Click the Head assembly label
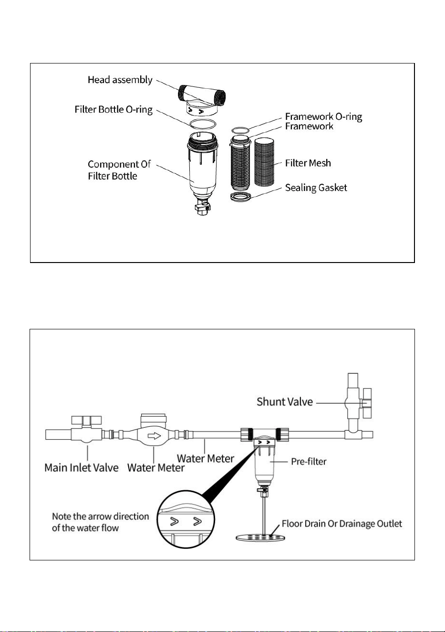pos(120,80)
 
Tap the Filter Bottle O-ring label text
pos(114,109)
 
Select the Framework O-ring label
pos(323,116)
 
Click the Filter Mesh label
pos(308,163)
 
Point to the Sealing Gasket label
pos(316,188)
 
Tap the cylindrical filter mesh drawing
pos(264,162)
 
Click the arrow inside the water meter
pos(154,436)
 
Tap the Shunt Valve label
pos(285,402)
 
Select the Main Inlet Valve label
pos(82,468)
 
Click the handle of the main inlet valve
pos(86,420)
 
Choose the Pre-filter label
pos(309,462)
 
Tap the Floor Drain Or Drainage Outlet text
pos(342,524)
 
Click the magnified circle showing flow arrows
pos(186,519)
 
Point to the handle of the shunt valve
pos(367,403)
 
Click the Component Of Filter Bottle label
pos(119,170)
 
